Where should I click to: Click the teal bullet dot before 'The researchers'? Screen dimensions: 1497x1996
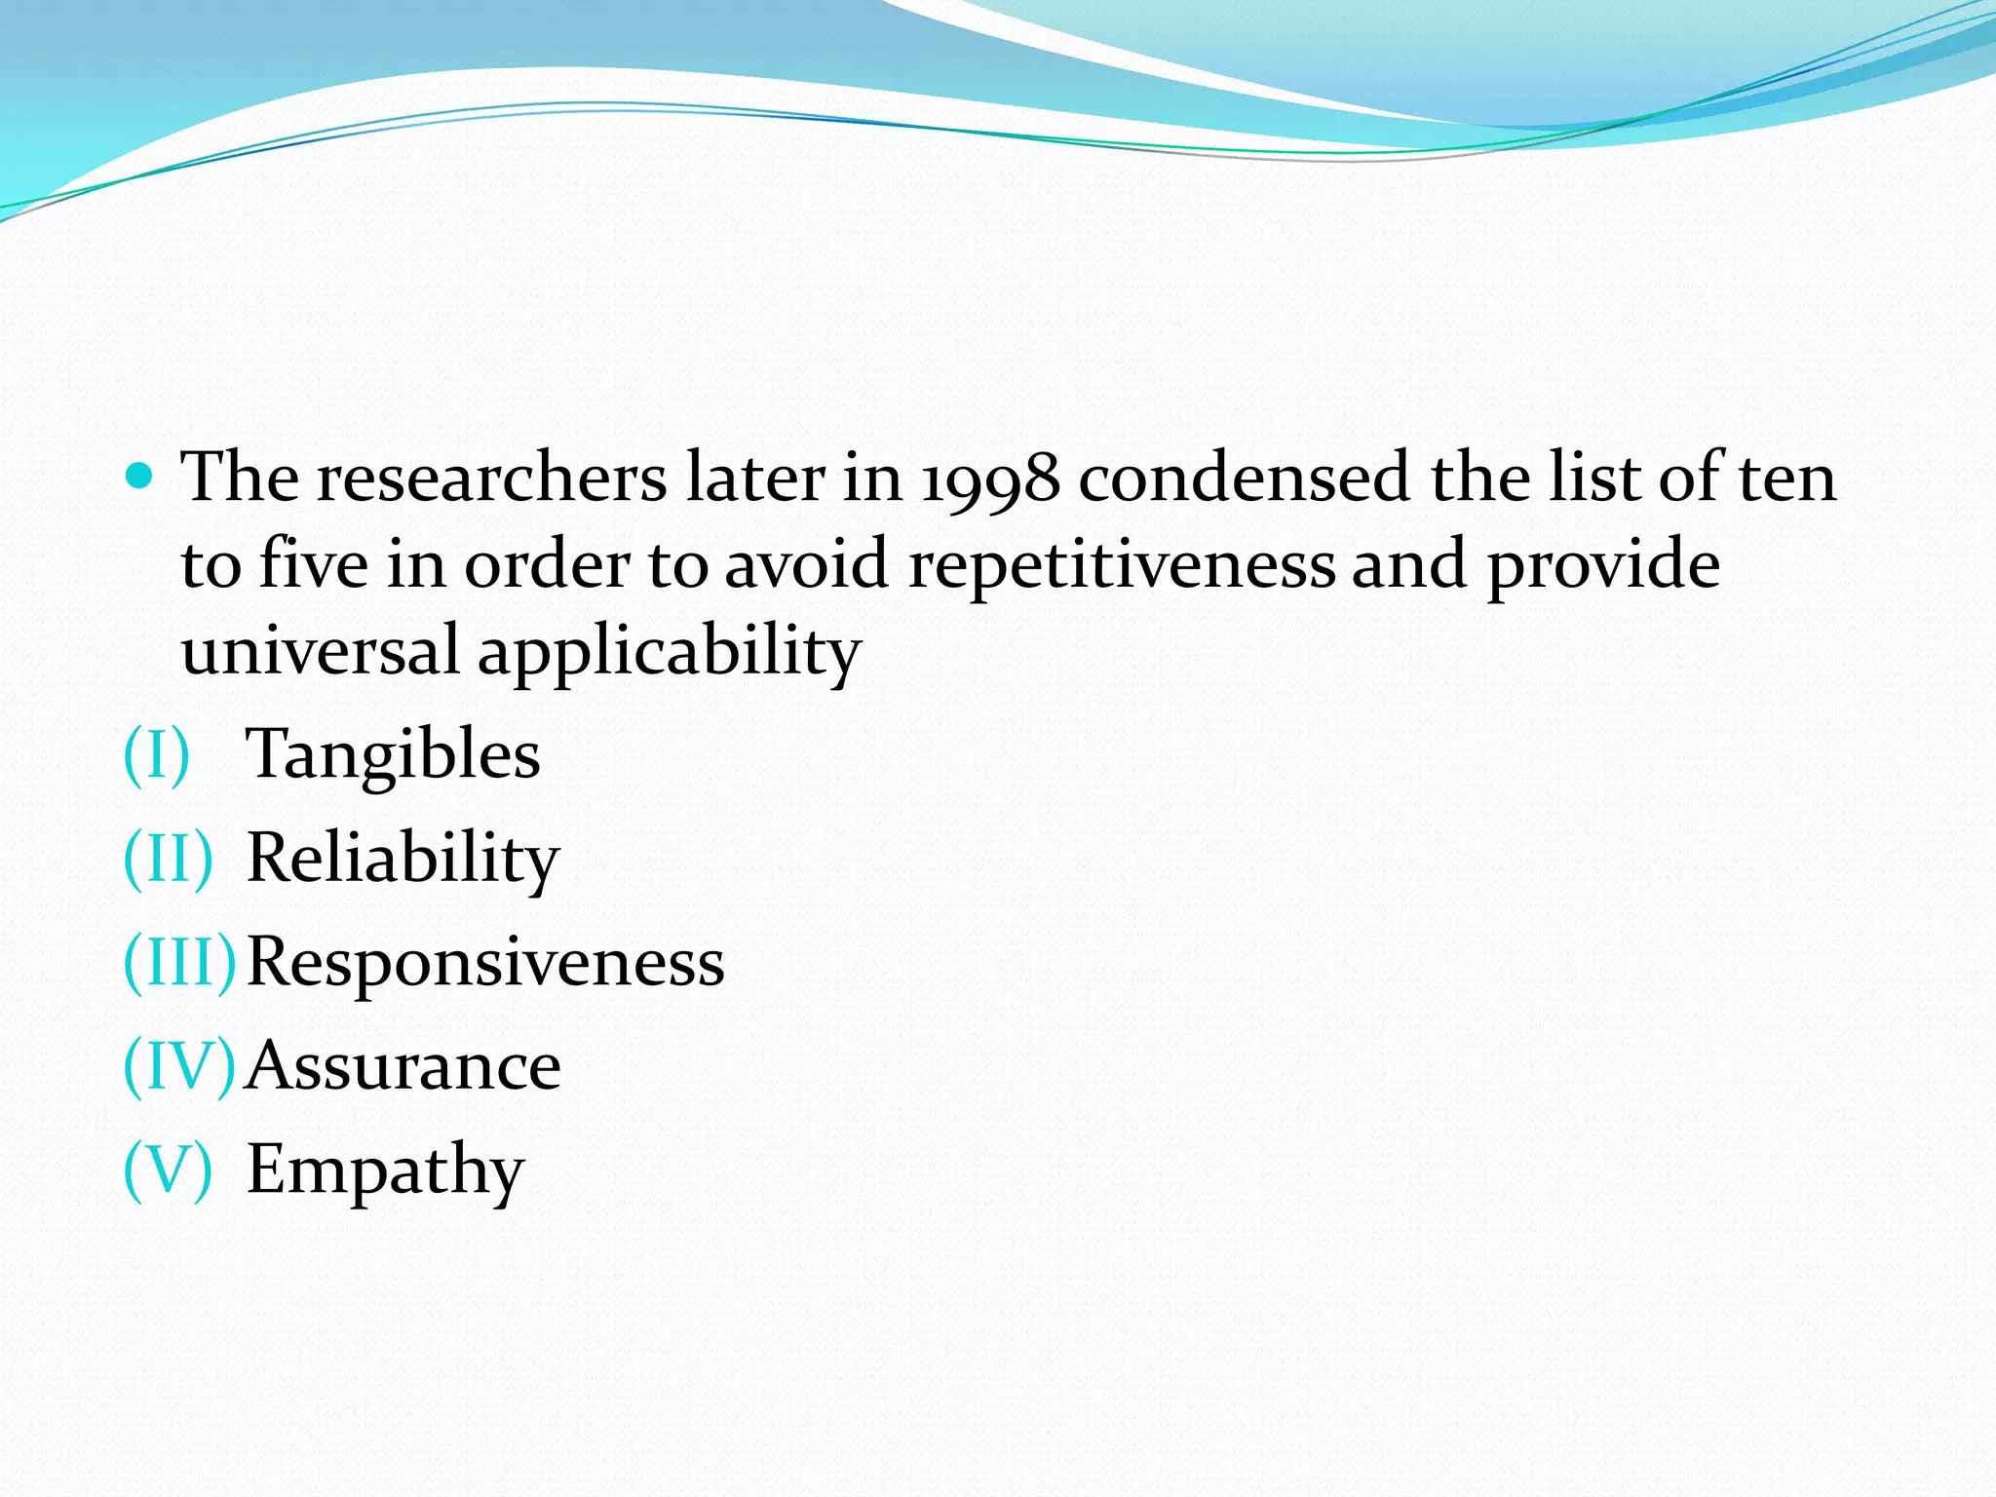(140, 477)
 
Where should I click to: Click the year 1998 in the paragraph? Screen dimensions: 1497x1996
(990, 480)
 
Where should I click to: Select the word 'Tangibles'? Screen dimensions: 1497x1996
(393, 755)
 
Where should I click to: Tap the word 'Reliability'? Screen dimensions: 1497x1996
(403, 859)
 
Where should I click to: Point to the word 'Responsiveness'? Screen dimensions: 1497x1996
(485, 962)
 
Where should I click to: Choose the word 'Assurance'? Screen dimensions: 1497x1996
(403, 1065)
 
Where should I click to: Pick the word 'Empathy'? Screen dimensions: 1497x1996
(385, 1169)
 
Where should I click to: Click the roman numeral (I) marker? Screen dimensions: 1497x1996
(156, 755)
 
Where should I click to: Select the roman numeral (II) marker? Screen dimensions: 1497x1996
(168, 859)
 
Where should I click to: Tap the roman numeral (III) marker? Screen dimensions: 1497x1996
(179, 962)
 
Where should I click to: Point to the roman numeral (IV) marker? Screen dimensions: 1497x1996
(179, 1065)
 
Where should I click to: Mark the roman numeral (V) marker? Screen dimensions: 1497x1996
(168, 1169)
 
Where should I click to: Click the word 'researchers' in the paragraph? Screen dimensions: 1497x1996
(491, 480)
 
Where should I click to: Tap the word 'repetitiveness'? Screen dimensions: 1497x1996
(1122, 566)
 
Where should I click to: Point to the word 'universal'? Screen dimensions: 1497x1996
(320, 651)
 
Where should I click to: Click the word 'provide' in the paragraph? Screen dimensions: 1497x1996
(1603, 566)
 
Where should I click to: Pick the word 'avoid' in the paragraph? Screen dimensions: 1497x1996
(807, 564)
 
